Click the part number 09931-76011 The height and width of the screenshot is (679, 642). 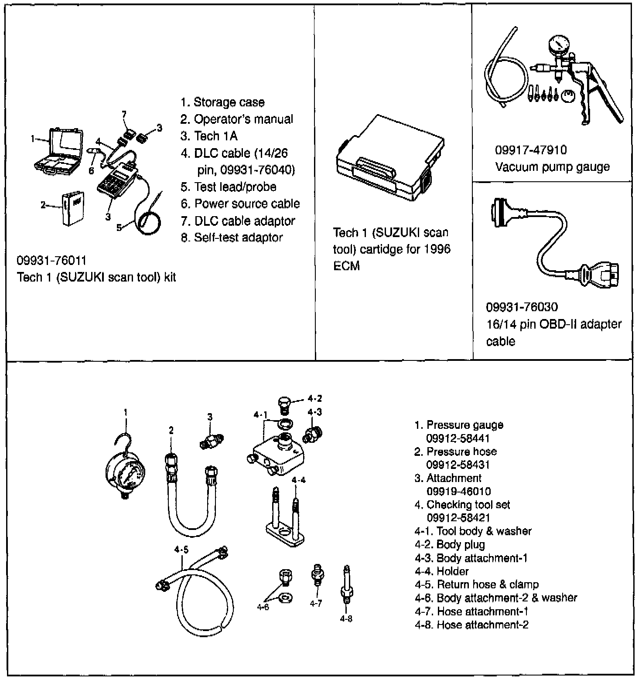coord(51,261)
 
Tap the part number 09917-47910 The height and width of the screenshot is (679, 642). coord(530,150)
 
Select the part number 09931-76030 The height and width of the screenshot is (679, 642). coord(522,307)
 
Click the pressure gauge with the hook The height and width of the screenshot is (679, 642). coord(125,473)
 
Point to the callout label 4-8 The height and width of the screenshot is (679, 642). coord(346,618)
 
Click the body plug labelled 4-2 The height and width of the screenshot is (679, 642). coord(284,404)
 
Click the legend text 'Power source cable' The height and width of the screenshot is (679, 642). coord(246,204)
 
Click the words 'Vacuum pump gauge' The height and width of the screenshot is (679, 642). coord(552,167)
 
